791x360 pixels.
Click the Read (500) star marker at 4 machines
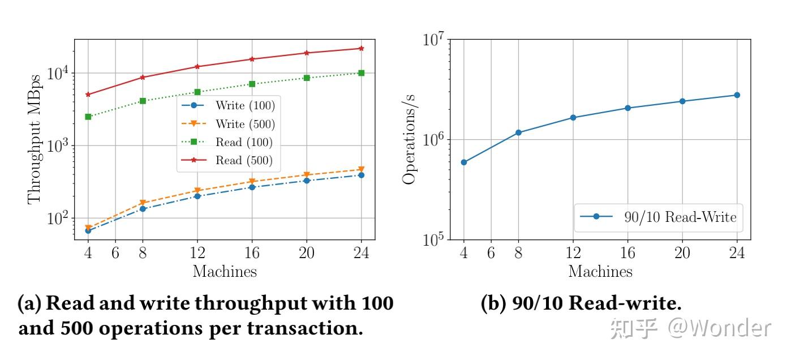(88, 95)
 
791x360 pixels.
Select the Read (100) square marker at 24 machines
(361, 73)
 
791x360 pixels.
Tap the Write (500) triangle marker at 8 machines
(143, 203)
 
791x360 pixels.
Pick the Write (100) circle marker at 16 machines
(252, 187)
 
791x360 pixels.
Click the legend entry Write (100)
(245, 105)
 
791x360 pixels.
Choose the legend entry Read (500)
(244, 160)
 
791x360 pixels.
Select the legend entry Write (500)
(245, 124)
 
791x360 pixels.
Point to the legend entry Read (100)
(244, 142)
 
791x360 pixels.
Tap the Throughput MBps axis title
(35, 139)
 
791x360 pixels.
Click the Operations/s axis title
(409, 139)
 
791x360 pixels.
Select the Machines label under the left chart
(225, 272)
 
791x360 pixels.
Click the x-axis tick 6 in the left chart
(115, 253)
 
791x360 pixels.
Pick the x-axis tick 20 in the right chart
(682, 253)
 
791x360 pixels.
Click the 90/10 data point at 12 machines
(573, 118)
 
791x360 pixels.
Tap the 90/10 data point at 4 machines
(464, 162)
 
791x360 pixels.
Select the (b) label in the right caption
(493, 304)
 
